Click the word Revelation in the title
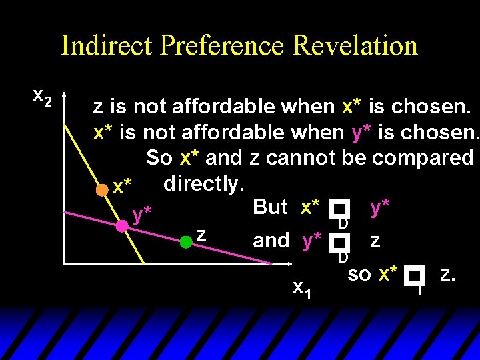355,46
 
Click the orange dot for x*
101,189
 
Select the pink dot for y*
122,226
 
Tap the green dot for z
187,242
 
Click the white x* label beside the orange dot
122,187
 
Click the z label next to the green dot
201,235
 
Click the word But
270,207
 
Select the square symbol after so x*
417,275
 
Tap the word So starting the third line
159,157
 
